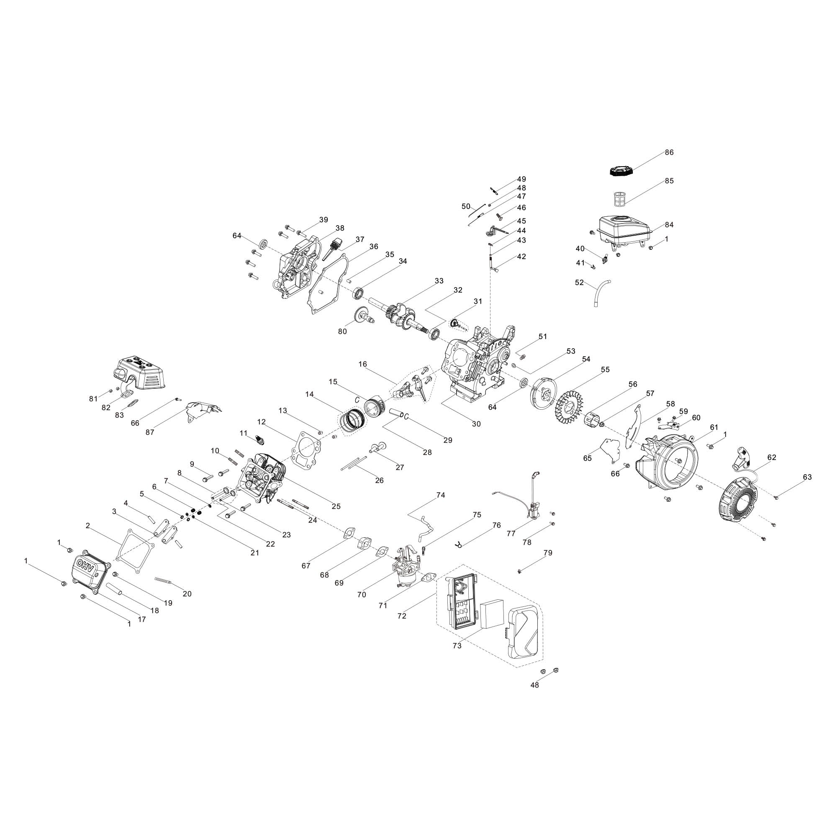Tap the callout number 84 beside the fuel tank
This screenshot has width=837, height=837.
click(x=670, y=225)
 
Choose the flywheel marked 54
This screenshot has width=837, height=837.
click(x=544, y=392)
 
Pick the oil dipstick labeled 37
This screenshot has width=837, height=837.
click(x=331, y=249)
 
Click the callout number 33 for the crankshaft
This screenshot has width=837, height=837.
click(x=439, y=281)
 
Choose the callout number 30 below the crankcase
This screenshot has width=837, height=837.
click(x=476, y=424)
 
